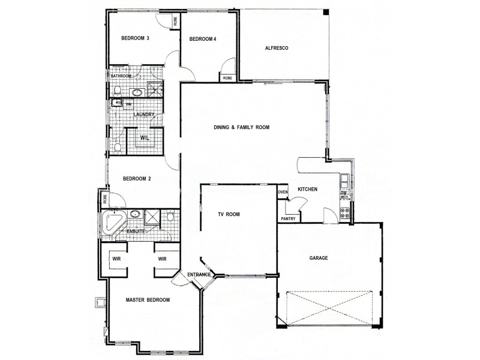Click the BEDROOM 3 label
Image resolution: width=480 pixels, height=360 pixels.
coord(135,38)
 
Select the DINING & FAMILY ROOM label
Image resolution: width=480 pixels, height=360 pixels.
coord(242,128)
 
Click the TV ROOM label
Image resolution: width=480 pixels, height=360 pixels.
coord(229,214)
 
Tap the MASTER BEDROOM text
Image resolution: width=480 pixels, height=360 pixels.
coord(148,299)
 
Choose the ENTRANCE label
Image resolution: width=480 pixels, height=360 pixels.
coord(199,275)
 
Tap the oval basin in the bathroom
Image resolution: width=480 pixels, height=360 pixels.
coord(137,92)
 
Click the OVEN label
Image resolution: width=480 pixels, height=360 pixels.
coord(283,192)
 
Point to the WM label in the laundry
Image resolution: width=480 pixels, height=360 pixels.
coord(128,104)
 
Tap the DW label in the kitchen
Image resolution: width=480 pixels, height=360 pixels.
coord(344,192)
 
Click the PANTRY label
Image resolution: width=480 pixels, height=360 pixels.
coord(287,219)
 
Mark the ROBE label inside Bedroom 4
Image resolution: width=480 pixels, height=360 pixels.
coord(227,78)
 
